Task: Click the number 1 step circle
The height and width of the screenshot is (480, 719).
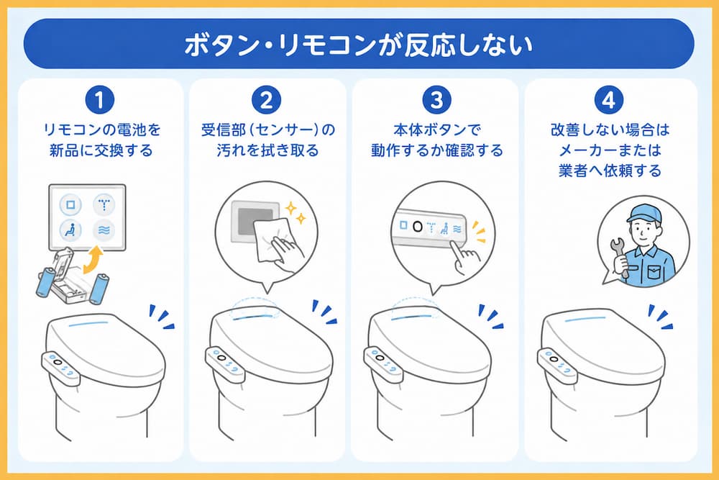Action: pyautogui.click(x=100, y=100)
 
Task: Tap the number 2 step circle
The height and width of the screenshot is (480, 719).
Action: pyautogui.click(x=267, y=100)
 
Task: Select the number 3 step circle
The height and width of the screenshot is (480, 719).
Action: pyautogui.click(x=436, y=100)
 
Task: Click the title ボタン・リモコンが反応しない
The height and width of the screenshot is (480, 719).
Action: pyautogui.click(x=359, y=45)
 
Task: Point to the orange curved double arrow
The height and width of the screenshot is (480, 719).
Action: pyautogui.click(x=93, y=260)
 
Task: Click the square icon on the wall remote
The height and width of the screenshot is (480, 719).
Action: pyautogui.click(x=70, y=204)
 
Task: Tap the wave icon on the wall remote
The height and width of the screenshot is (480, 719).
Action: pyautogui.click(x=104, y=230)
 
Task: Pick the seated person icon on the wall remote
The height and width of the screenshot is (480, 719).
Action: pyautogui.click(x=70, y=230)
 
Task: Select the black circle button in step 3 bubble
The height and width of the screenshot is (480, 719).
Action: pyautogui.click(x=418, y=226)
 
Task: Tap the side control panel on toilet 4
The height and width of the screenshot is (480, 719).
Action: pyautogui.click(x=557, y=366)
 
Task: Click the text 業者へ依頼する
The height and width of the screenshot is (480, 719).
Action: pyautogui.click(x=610, y=171)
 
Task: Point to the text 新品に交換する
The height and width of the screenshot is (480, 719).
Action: pyautogui.click(x=101, y=150)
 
